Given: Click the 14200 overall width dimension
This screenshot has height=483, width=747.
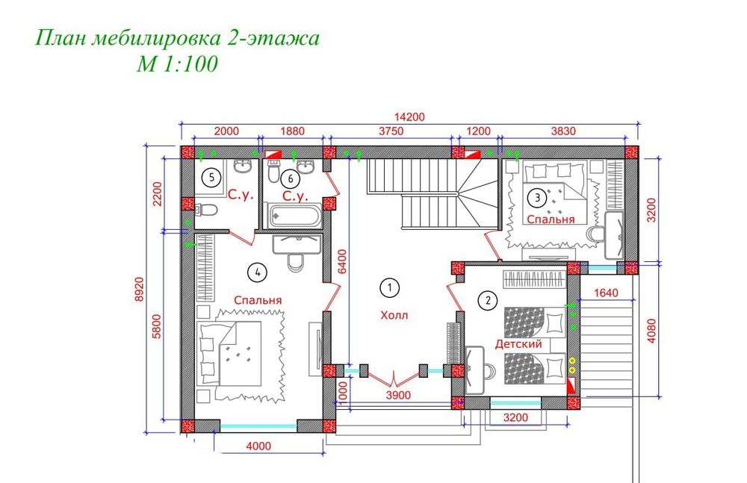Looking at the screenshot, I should point(409,116).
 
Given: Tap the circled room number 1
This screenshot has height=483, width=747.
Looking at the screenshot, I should point(388,286).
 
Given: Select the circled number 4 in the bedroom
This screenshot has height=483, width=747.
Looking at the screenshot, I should point(257,272).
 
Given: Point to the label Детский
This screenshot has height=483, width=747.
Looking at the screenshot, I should point(518,343).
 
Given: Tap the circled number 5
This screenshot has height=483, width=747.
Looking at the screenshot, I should point(212,178).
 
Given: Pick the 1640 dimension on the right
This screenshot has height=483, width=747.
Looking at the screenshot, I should point(607,293).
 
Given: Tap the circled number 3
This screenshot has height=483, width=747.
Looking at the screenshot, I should point(536,198).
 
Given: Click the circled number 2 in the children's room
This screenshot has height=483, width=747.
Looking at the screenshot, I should point(487,301).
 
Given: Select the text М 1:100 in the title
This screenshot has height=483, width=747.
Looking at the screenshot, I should point(176,65).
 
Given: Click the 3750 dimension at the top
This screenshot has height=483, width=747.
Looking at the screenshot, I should point(390,131).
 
